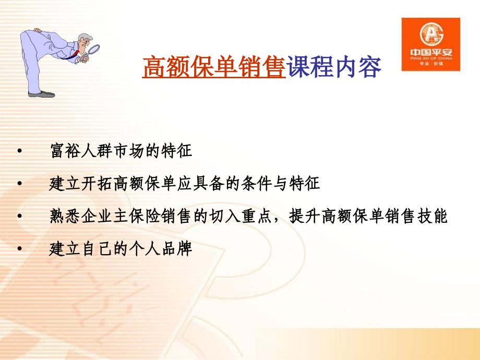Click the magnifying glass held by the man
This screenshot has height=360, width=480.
[94, 50]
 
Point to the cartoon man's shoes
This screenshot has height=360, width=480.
[43, 94]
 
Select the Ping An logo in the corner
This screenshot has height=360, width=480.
[430, 44]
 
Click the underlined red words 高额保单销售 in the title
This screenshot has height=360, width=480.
[213, 68]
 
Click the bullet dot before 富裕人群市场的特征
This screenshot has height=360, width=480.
[19, 152]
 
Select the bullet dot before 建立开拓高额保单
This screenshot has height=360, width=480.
[19, 184]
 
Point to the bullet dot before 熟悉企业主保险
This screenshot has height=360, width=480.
[19, 217]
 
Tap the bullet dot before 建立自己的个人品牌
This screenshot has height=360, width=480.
[19, 249]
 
